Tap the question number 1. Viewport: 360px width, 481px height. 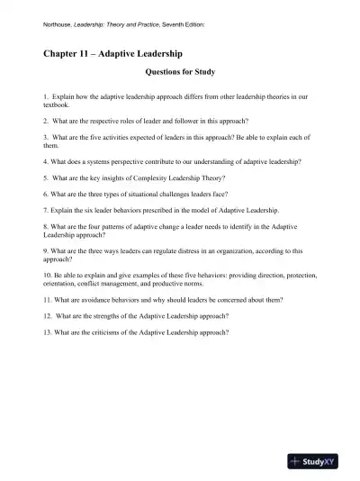[45, 95]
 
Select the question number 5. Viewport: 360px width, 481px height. [45, 177]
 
